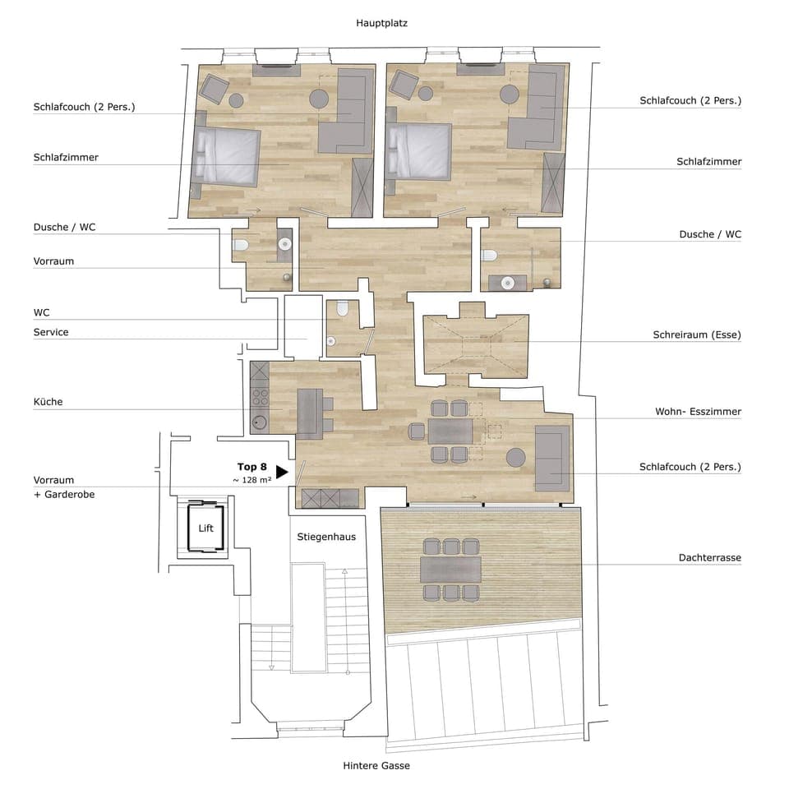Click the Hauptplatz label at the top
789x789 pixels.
381,24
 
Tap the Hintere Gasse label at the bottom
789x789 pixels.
376,765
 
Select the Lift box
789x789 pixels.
205,528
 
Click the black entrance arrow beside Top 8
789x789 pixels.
282,472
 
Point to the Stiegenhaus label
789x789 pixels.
326,537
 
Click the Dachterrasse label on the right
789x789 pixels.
710,557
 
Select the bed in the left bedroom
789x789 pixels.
228,156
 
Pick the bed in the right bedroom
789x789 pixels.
419,150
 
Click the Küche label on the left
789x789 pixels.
48,402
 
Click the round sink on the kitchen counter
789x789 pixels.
260,422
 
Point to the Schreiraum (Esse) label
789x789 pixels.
697,335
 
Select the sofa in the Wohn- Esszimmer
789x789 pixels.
551,458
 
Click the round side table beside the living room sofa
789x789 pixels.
515,456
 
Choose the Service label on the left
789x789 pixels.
51,332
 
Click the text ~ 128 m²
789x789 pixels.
252,479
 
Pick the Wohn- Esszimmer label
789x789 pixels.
698,411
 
